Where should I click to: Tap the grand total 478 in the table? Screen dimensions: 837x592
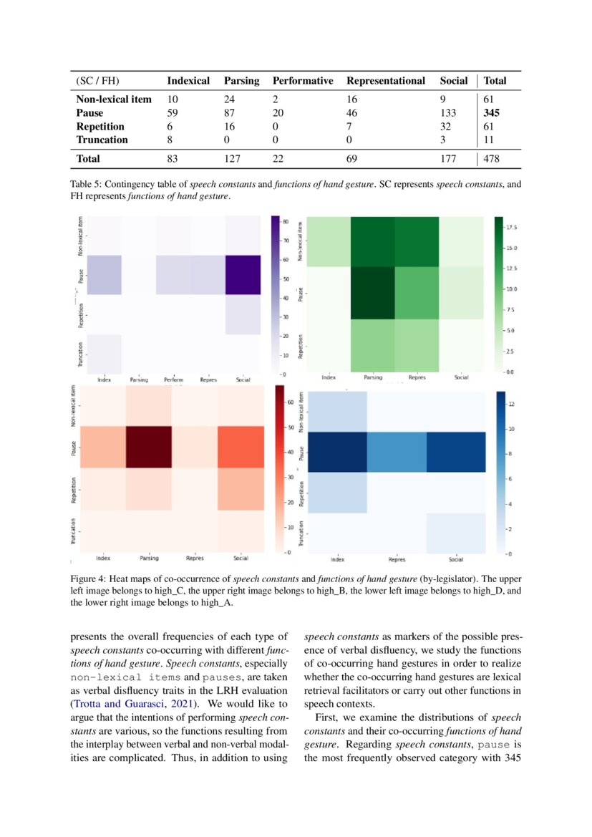click(492, 159)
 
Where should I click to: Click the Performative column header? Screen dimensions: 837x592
click(303, 81)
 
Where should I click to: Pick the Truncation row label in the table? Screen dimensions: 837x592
click(102, 140)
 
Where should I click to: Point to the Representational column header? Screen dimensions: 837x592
click(386, 81)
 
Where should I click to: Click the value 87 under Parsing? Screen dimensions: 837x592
click(231, 113)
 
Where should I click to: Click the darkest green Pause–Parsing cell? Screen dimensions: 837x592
click(372, 292)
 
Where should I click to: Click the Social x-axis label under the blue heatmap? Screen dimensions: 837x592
click(455, 560)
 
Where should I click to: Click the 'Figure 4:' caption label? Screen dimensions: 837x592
click(91, 579)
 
